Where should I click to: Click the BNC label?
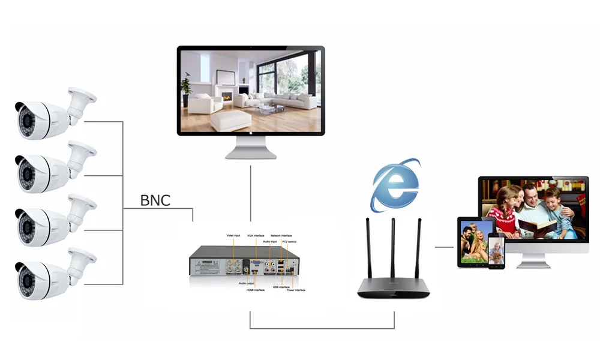coord(155,200)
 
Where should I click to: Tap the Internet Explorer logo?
coord(394,185)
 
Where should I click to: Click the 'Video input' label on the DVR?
coord(234,235)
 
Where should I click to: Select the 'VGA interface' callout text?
coord(256,235)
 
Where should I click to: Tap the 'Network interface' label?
coord(281,235)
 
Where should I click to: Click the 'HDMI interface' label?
coord(255,290)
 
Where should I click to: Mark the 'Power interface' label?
coord(296,290)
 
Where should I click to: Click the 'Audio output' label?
coord(247,283)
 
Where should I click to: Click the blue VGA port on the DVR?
coord(256,263)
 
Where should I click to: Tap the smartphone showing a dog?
coord(496,252)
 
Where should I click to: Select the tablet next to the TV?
coord(475,242)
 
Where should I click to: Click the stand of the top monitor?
coord(251,147)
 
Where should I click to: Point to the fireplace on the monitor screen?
coord(226,96)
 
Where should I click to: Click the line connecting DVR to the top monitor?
coord(251,192)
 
